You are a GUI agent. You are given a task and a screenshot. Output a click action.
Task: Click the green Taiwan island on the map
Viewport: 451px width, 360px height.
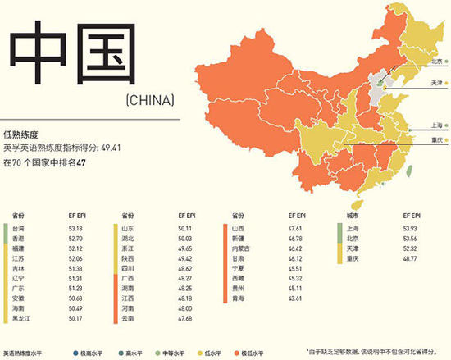pyautogui.click(x=355, y=203)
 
